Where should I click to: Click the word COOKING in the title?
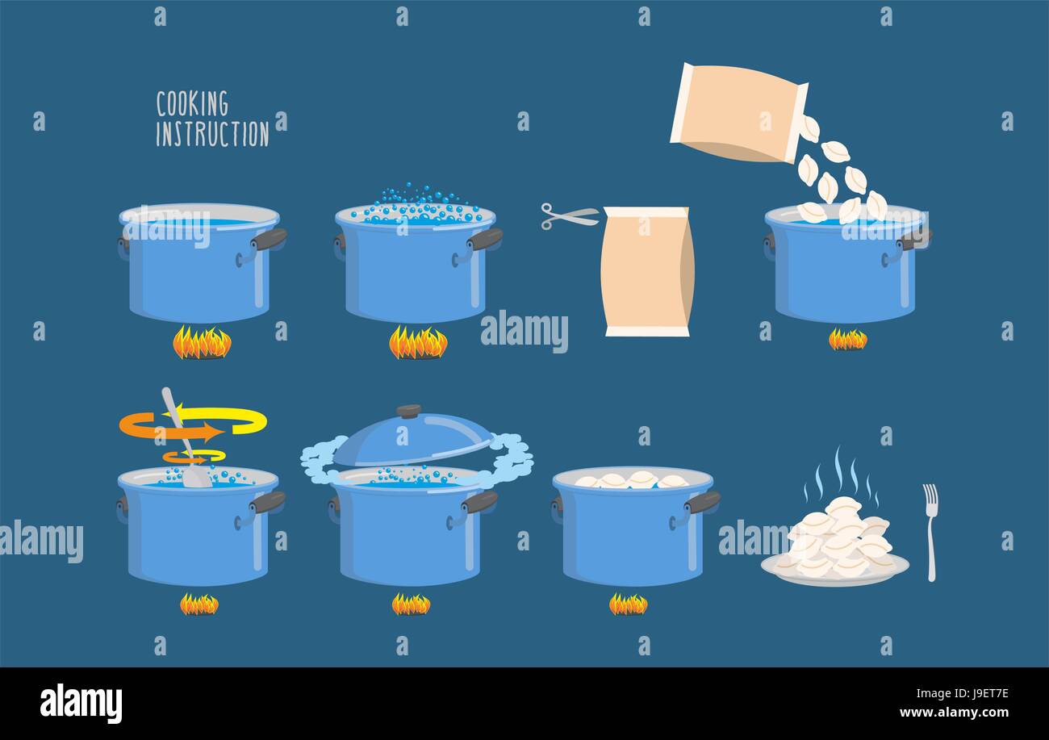coord(192,104)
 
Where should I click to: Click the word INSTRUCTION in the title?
coord(212,134)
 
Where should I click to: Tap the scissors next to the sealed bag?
coord(568,215)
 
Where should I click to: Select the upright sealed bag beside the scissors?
coord(646,271)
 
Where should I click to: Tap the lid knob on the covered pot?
coord(409,411)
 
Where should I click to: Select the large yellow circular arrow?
coord(242,420)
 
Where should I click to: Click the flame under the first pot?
coord(202,343)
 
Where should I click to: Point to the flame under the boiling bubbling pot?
coord(417,343)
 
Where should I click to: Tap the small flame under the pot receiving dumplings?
coord(847,340)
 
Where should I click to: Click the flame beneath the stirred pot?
coord(199,604)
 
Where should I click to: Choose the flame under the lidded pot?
coord(411,604)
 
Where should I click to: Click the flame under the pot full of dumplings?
coord(628,604)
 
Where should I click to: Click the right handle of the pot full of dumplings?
coord(701,503)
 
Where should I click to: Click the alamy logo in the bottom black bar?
coord(81,703)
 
